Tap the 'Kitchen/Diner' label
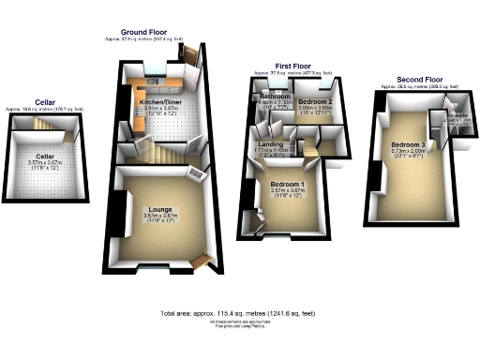click(x=159, y=100)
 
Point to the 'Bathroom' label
click(x=274, y=97)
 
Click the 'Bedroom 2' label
click(x=316, y=100)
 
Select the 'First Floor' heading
click(x=292, y=67)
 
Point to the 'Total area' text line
click(x=240, y=312)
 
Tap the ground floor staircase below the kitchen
click(x=167, y=150)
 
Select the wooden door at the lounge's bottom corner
click(x=199, y=262)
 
